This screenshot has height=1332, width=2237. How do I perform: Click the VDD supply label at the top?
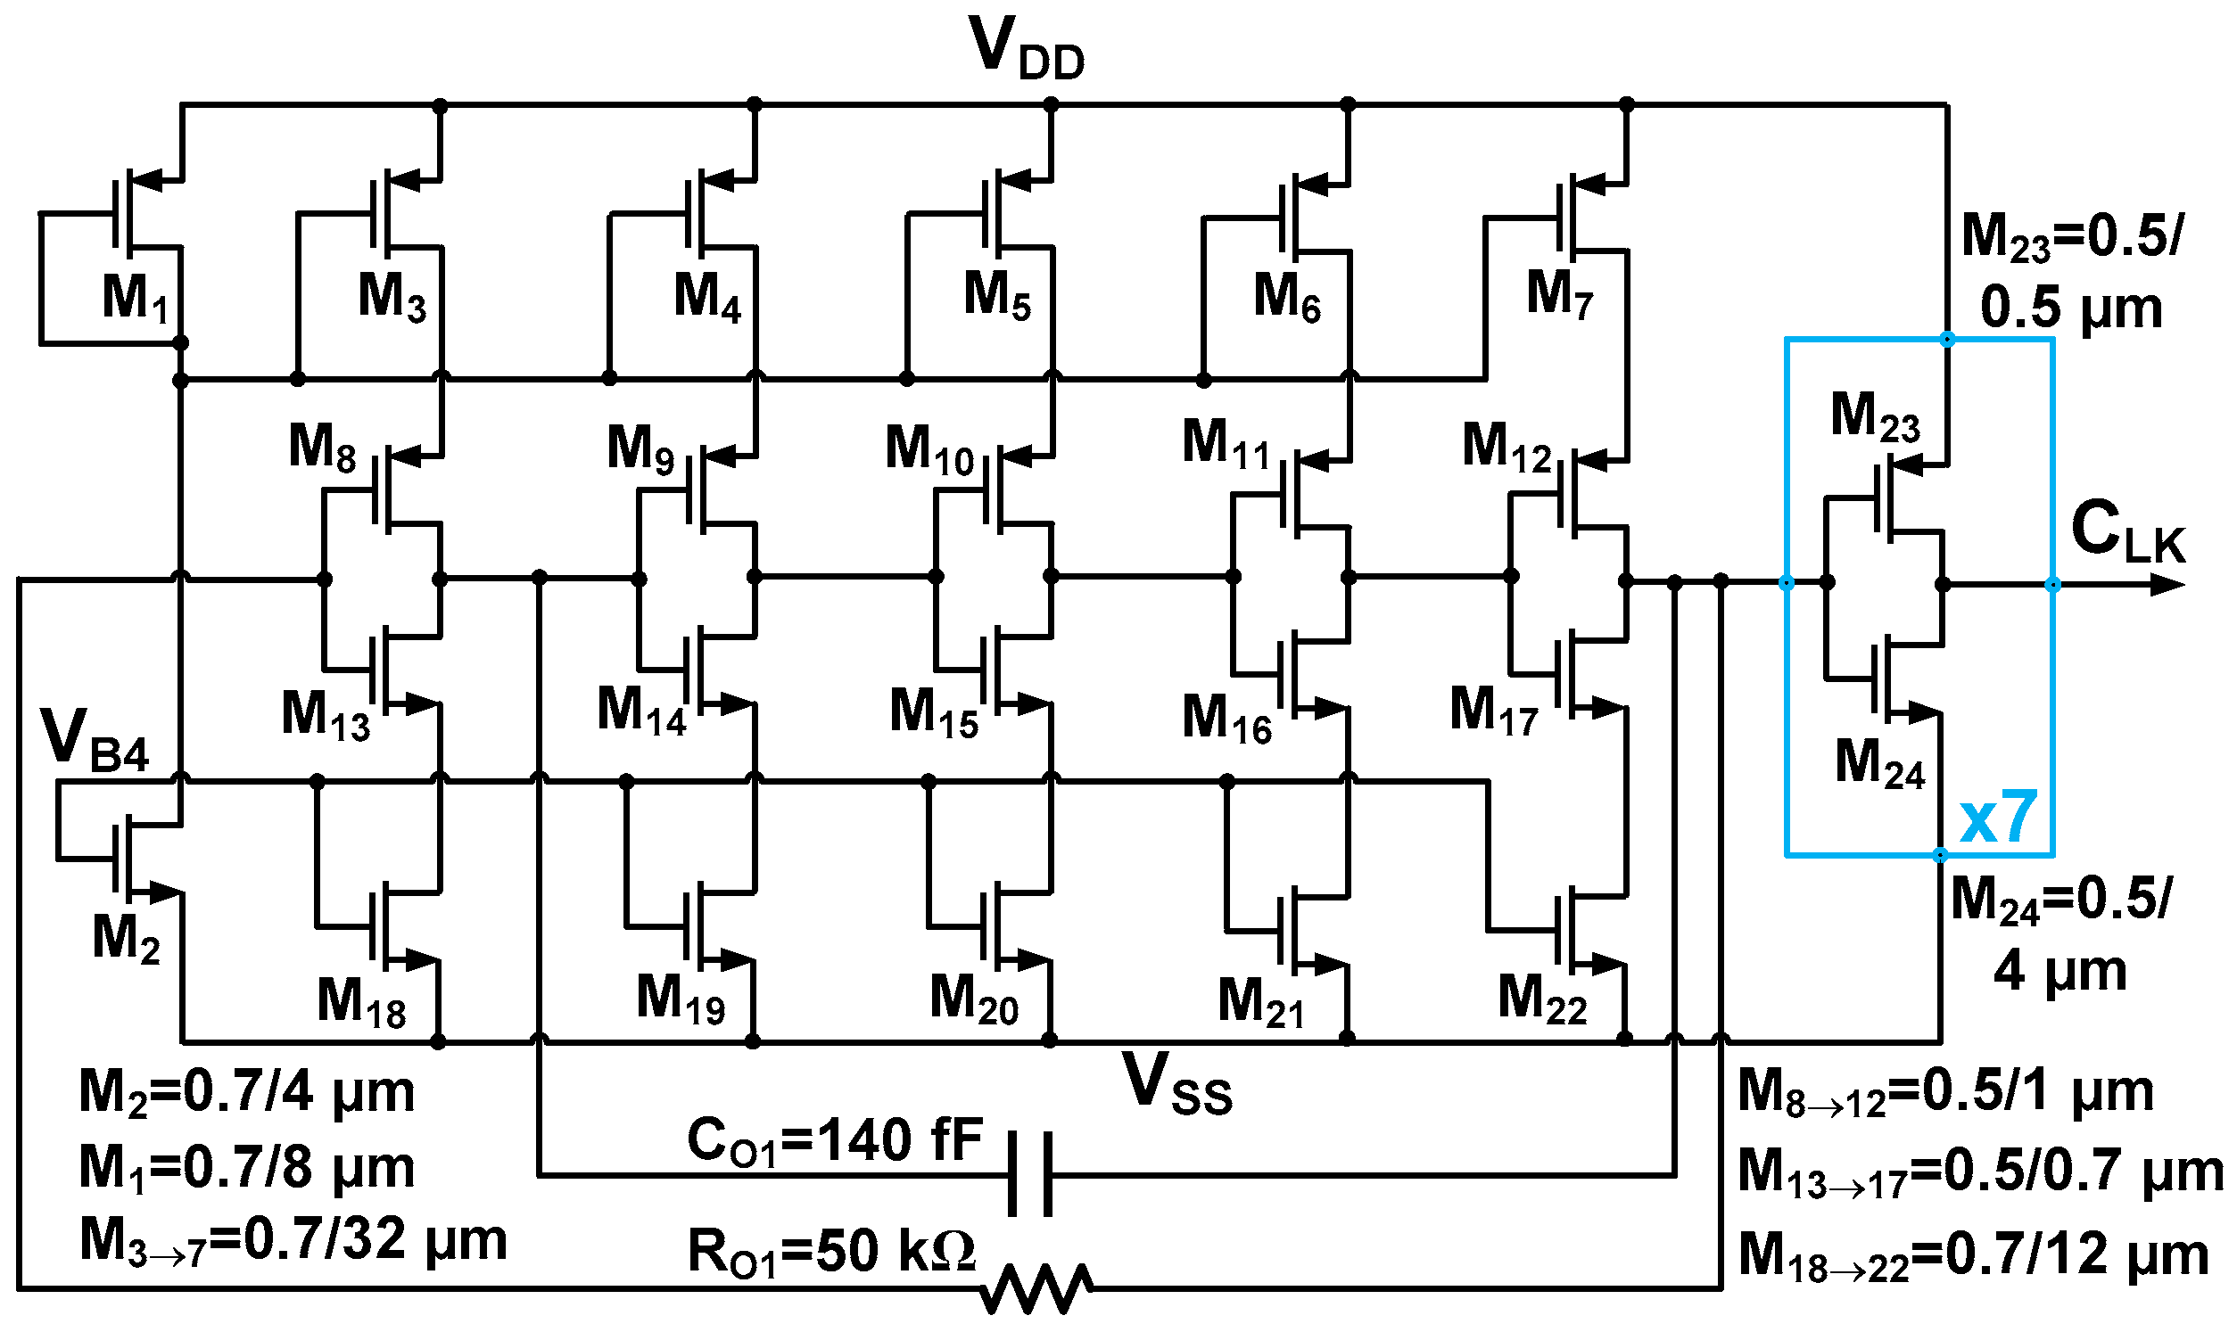pyautogui.click(x=1026, y=49)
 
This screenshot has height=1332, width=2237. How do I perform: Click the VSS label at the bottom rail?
pyautogui.click(x=1176, y=1084)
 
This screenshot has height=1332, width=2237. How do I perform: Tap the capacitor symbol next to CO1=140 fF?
pyautogui.click(x=1029, y=1175)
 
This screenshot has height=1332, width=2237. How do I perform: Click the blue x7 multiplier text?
pyautogui.click(x=1998, y=818)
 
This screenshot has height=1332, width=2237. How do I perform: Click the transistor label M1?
pyautogui.click(x=135, y=297)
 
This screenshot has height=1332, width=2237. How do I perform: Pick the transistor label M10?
pyautogui.click(x=929, y=448)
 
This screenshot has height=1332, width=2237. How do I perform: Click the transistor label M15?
pyautogui.click(x=933, y=712)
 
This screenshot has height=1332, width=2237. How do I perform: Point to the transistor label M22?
pyautogui.click(x=1541, y=998)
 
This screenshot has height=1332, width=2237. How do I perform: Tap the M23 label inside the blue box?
pyautogui.click(x=1875, y=416)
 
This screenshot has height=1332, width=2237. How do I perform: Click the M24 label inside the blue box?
pyautogui.click(x=1879, y=764)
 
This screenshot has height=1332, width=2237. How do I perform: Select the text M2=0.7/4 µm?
pyautogui.click(x=247, y=1092)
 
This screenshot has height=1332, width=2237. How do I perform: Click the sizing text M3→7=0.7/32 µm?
pyautogui.click(x=293, y=1241)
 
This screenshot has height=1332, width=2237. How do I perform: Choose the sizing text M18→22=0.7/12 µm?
pyautogui.click(x=1973, y=1255)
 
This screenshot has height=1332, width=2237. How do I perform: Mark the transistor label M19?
pyautogui.click(x=681, y=998)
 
